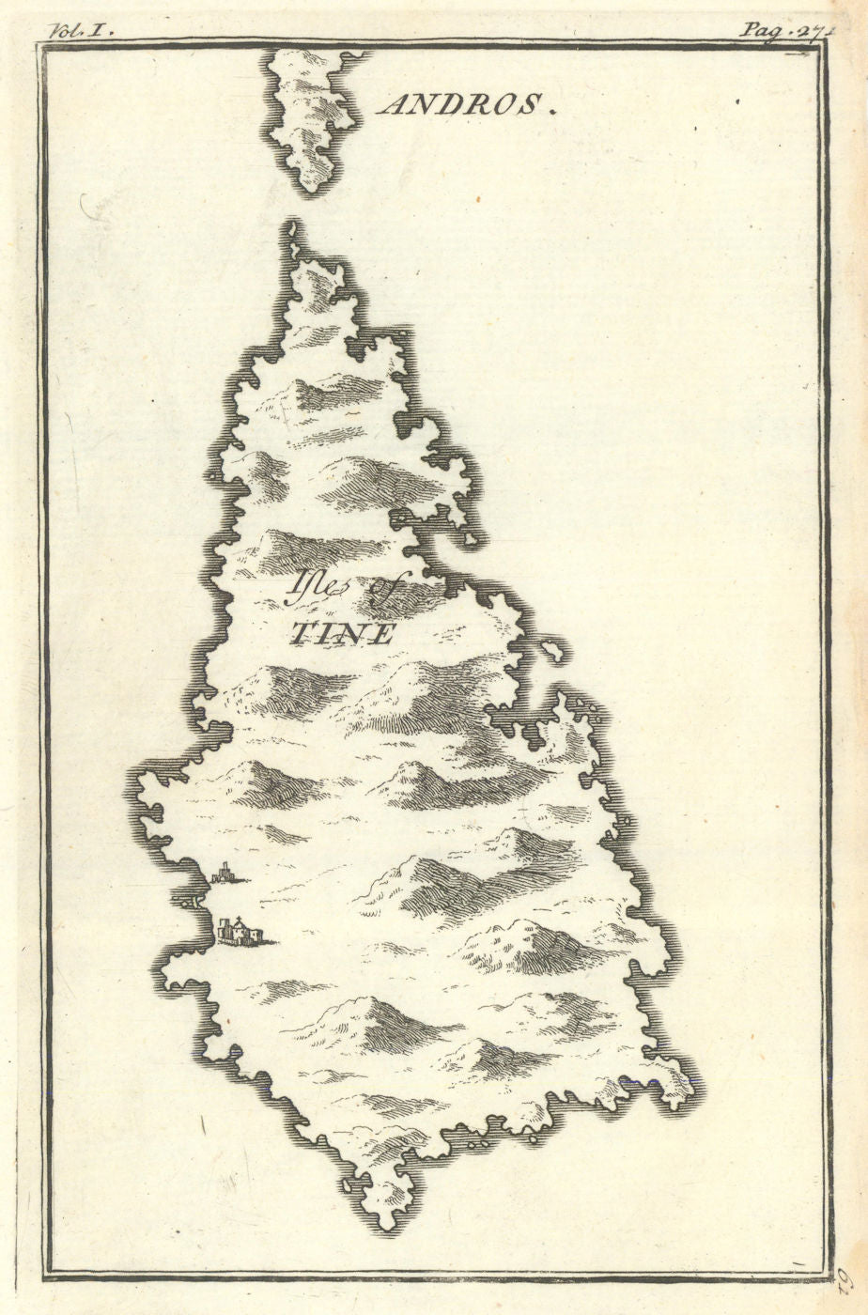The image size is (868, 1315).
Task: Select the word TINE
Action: tap(341, 634)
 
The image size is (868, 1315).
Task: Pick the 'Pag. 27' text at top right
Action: tap(776, 29)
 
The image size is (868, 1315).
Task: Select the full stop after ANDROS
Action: tap(554, 110)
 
